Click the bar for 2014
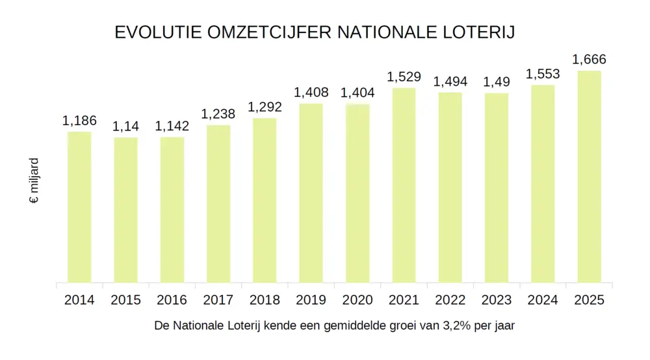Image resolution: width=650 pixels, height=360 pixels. click(x=79, y=207)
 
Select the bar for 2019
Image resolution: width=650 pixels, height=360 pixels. click(x=311, y=193)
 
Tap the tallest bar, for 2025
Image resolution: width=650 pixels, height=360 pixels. click(x=590, y=177)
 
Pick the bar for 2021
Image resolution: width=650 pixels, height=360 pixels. click(x=404, y=185)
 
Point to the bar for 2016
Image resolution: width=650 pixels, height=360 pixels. click(x=172, y=210)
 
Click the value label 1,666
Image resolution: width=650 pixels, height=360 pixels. click(x=589, y=60)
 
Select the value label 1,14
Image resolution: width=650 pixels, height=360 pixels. click(x=125, y=127)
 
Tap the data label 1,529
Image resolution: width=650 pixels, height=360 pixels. click(x=404, y=77)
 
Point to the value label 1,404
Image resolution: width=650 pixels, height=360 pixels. click(x=357, y=93)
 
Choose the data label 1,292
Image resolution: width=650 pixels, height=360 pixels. click(x=265, y=107)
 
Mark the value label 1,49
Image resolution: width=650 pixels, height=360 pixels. click(x=497, y=82)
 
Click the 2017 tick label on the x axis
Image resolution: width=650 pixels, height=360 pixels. click(x=218, y=300)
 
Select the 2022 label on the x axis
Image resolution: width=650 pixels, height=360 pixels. click(x=450, y=300)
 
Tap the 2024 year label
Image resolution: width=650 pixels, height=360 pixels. click(x=543, y=300)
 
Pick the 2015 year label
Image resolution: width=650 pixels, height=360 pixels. click(x=125, y=300)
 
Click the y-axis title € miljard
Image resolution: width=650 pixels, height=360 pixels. click(x=34, y=180)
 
